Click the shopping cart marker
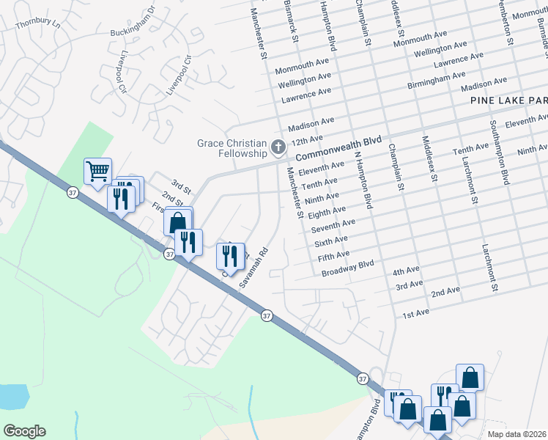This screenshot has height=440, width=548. [x=97, y=172]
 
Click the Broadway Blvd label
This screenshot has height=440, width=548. [x=347, y=268]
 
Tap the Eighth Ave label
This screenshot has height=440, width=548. [x=322, y=212]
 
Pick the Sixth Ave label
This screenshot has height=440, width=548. [x=330, y=241]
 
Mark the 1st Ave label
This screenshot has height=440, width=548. [x=415, y=314]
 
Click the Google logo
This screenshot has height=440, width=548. [x=24, y=431]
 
